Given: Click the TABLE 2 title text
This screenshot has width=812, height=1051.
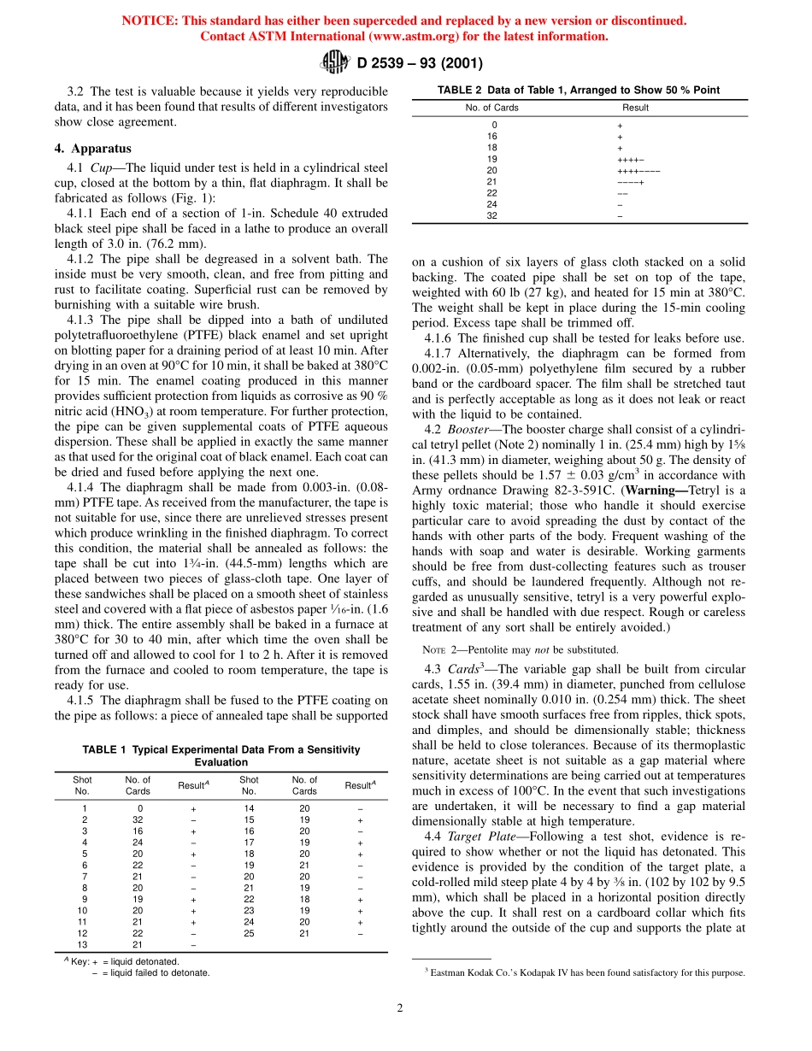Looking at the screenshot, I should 579,90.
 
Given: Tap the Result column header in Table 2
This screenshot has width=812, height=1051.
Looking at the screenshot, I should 635,108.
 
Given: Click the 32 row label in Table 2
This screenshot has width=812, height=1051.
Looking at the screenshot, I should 491,215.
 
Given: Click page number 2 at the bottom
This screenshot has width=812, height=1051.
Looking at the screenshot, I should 399,1007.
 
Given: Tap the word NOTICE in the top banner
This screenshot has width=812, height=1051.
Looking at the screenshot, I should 150,21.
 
